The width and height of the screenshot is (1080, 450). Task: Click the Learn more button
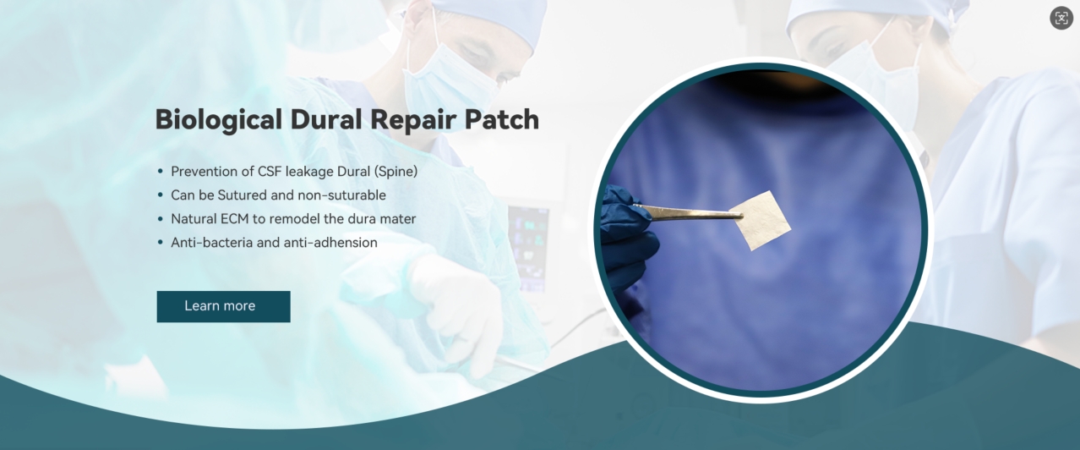223,306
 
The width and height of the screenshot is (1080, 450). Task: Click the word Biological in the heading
218,120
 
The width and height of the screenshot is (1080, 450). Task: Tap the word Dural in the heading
325,118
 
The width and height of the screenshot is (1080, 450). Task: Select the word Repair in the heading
412,120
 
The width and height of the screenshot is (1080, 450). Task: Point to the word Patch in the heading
501,118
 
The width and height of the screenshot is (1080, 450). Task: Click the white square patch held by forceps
761,220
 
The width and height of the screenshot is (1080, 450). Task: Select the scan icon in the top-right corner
1061,18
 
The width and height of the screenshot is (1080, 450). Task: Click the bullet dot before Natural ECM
161,219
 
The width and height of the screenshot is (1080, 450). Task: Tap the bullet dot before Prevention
161,172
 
